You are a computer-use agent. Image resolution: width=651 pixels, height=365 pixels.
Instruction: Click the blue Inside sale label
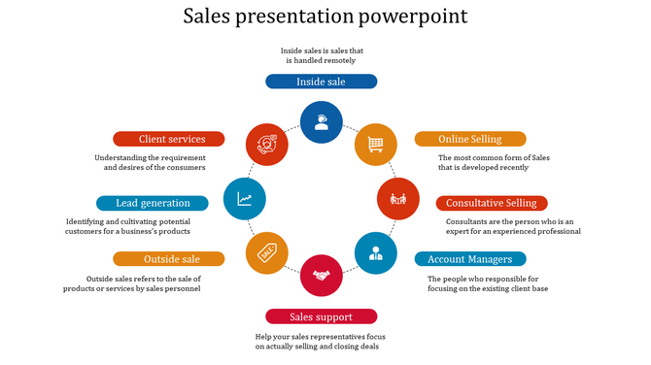click(x=321, y=82)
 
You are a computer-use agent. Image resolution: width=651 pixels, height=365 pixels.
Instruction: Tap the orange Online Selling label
click(x=470, y=139)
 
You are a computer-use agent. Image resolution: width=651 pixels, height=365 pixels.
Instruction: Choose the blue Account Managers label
click(x=470, y=259)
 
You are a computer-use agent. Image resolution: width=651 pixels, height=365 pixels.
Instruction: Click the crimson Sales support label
click(x=321, y=316)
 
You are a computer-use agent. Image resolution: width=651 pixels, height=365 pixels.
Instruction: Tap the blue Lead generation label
click(x=153, y=203)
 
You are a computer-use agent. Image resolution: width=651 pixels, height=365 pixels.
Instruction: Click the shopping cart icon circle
click(x=375, y=145)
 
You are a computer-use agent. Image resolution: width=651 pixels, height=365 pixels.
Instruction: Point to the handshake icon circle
click(x=322, y=276)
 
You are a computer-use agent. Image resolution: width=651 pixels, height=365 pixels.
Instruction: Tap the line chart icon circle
click(x=244, y=199)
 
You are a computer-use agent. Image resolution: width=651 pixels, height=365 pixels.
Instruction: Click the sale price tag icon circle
click(x=267, y=252)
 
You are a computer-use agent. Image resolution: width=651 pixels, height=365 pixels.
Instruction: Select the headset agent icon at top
click(x=321, y=122)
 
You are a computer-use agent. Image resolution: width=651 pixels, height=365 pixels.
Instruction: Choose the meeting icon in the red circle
click(x=397, y=198)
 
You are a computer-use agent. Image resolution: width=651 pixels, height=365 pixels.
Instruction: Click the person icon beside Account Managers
click(x=375, y=253)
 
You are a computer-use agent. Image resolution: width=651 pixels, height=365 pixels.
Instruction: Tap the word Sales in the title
click(x=210, y=17)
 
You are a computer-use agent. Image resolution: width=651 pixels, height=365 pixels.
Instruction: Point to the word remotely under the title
click(x=333, y=60)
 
